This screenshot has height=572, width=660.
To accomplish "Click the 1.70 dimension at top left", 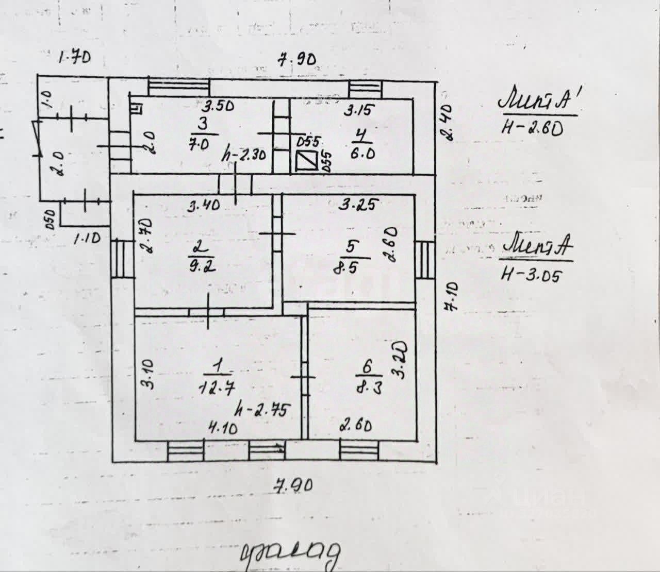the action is pyautogui.click(x=74, y=56).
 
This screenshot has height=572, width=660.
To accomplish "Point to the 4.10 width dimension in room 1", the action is pyautogui.click(x=223, y=428).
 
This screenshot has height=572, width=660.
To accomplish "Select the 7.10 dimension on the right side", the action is pyautogui.click(x=452, y=296).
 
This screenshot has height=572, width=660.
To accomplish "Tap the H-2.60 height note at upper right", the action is pyautogui.click(x=532, y=127).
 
